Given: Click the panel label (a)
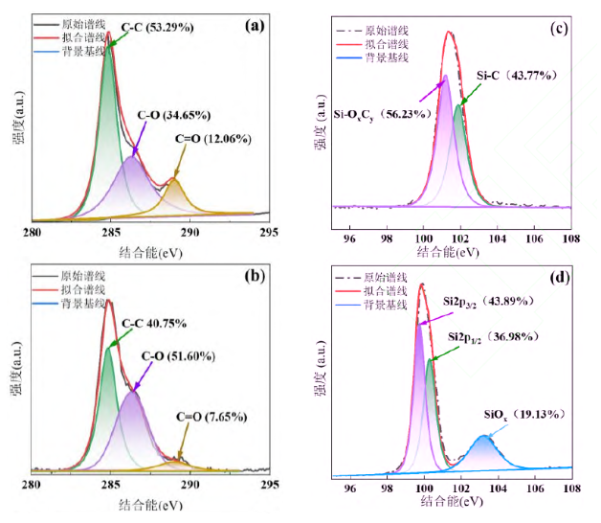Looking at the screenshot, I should pyautogui.click(x=255, y=27).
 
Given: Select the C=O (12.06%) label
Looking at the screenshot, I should pyautogui.click(x=212, y=138).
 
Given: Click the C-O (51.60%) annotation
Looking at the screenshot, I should pyautogui.click(x=177, y=355).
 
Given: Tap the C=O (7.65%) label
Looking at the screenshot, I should pyautogui.click(x=211, y=417).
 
